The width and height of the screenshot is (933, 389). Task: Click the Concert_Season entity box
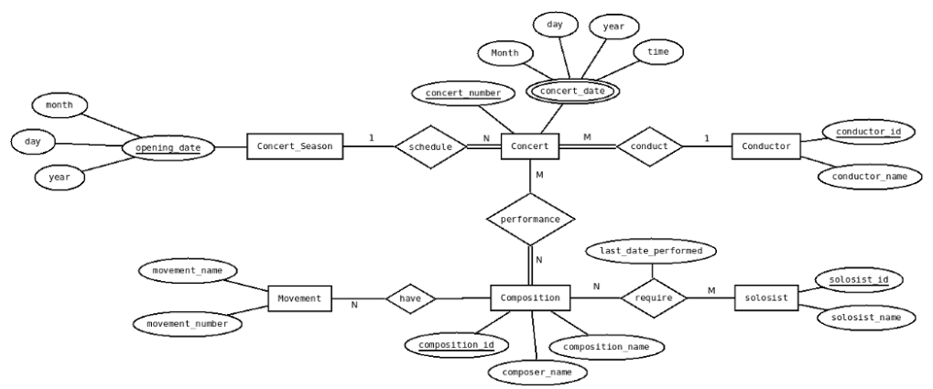(294, 146)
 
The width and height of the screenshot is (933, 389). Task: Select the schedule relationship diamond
(430, 146)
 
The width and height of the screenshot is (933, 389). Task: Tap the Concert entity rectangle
(530, 146)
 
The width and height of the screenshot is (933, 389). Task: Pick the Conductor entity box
(766, 146)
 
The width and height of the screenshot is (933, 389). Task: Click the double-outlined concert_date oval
(572, 92)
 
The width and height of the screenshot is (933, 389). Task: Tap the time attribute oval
(657, 53)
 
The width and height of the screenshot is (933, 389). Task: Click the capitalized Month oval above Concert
(504, 53)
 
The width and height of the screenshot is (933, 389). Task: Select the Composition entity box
(531, 298)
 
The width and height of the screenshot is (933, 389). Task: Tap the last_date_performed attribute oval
(651, 250)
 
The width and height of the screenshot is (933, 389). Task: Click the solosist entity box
(766, 298)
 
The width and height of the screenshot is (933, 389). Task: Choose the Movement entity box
(298, 298)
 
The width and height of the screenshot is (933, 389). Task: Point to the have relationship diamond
(409, 298)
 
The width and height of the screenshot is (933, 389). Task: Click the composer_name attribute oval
(535, 373)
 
